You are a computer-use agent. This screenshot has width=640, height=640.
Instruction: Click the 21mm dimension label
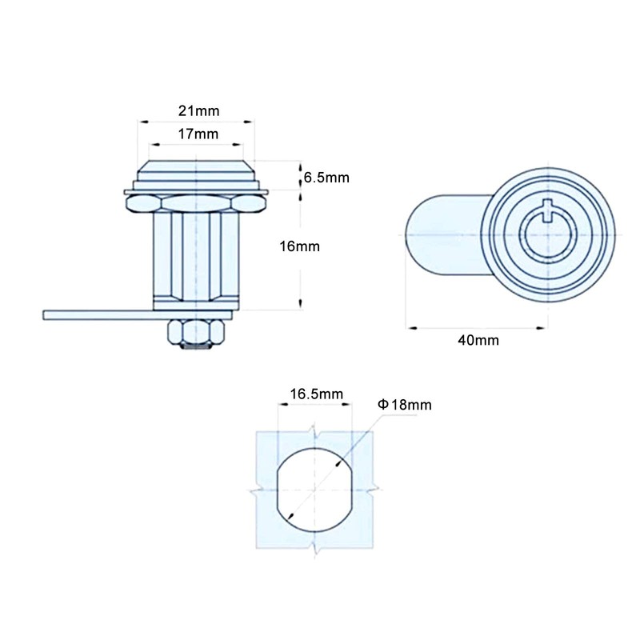198,110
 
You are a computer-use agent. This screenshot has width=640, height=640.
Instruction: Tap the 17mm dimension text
198,134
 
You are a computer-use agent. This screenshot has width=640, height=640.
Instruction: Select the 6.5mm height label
326,178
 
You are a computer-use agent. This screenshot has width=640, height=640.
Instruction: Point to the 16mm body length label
299,246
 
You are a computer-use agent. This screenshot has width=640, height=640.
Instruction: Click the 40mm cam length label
478,340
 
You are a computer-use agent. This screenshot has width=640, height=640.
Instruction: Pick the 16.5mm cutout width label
317,394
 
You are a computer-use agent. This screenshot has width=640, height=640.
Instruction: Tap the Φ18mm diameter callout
405,405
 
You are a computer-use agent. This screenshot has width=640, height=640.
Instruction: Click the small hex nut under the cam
196,331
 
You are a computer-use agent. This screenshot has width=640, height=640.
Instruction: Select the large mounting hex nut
196,203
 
